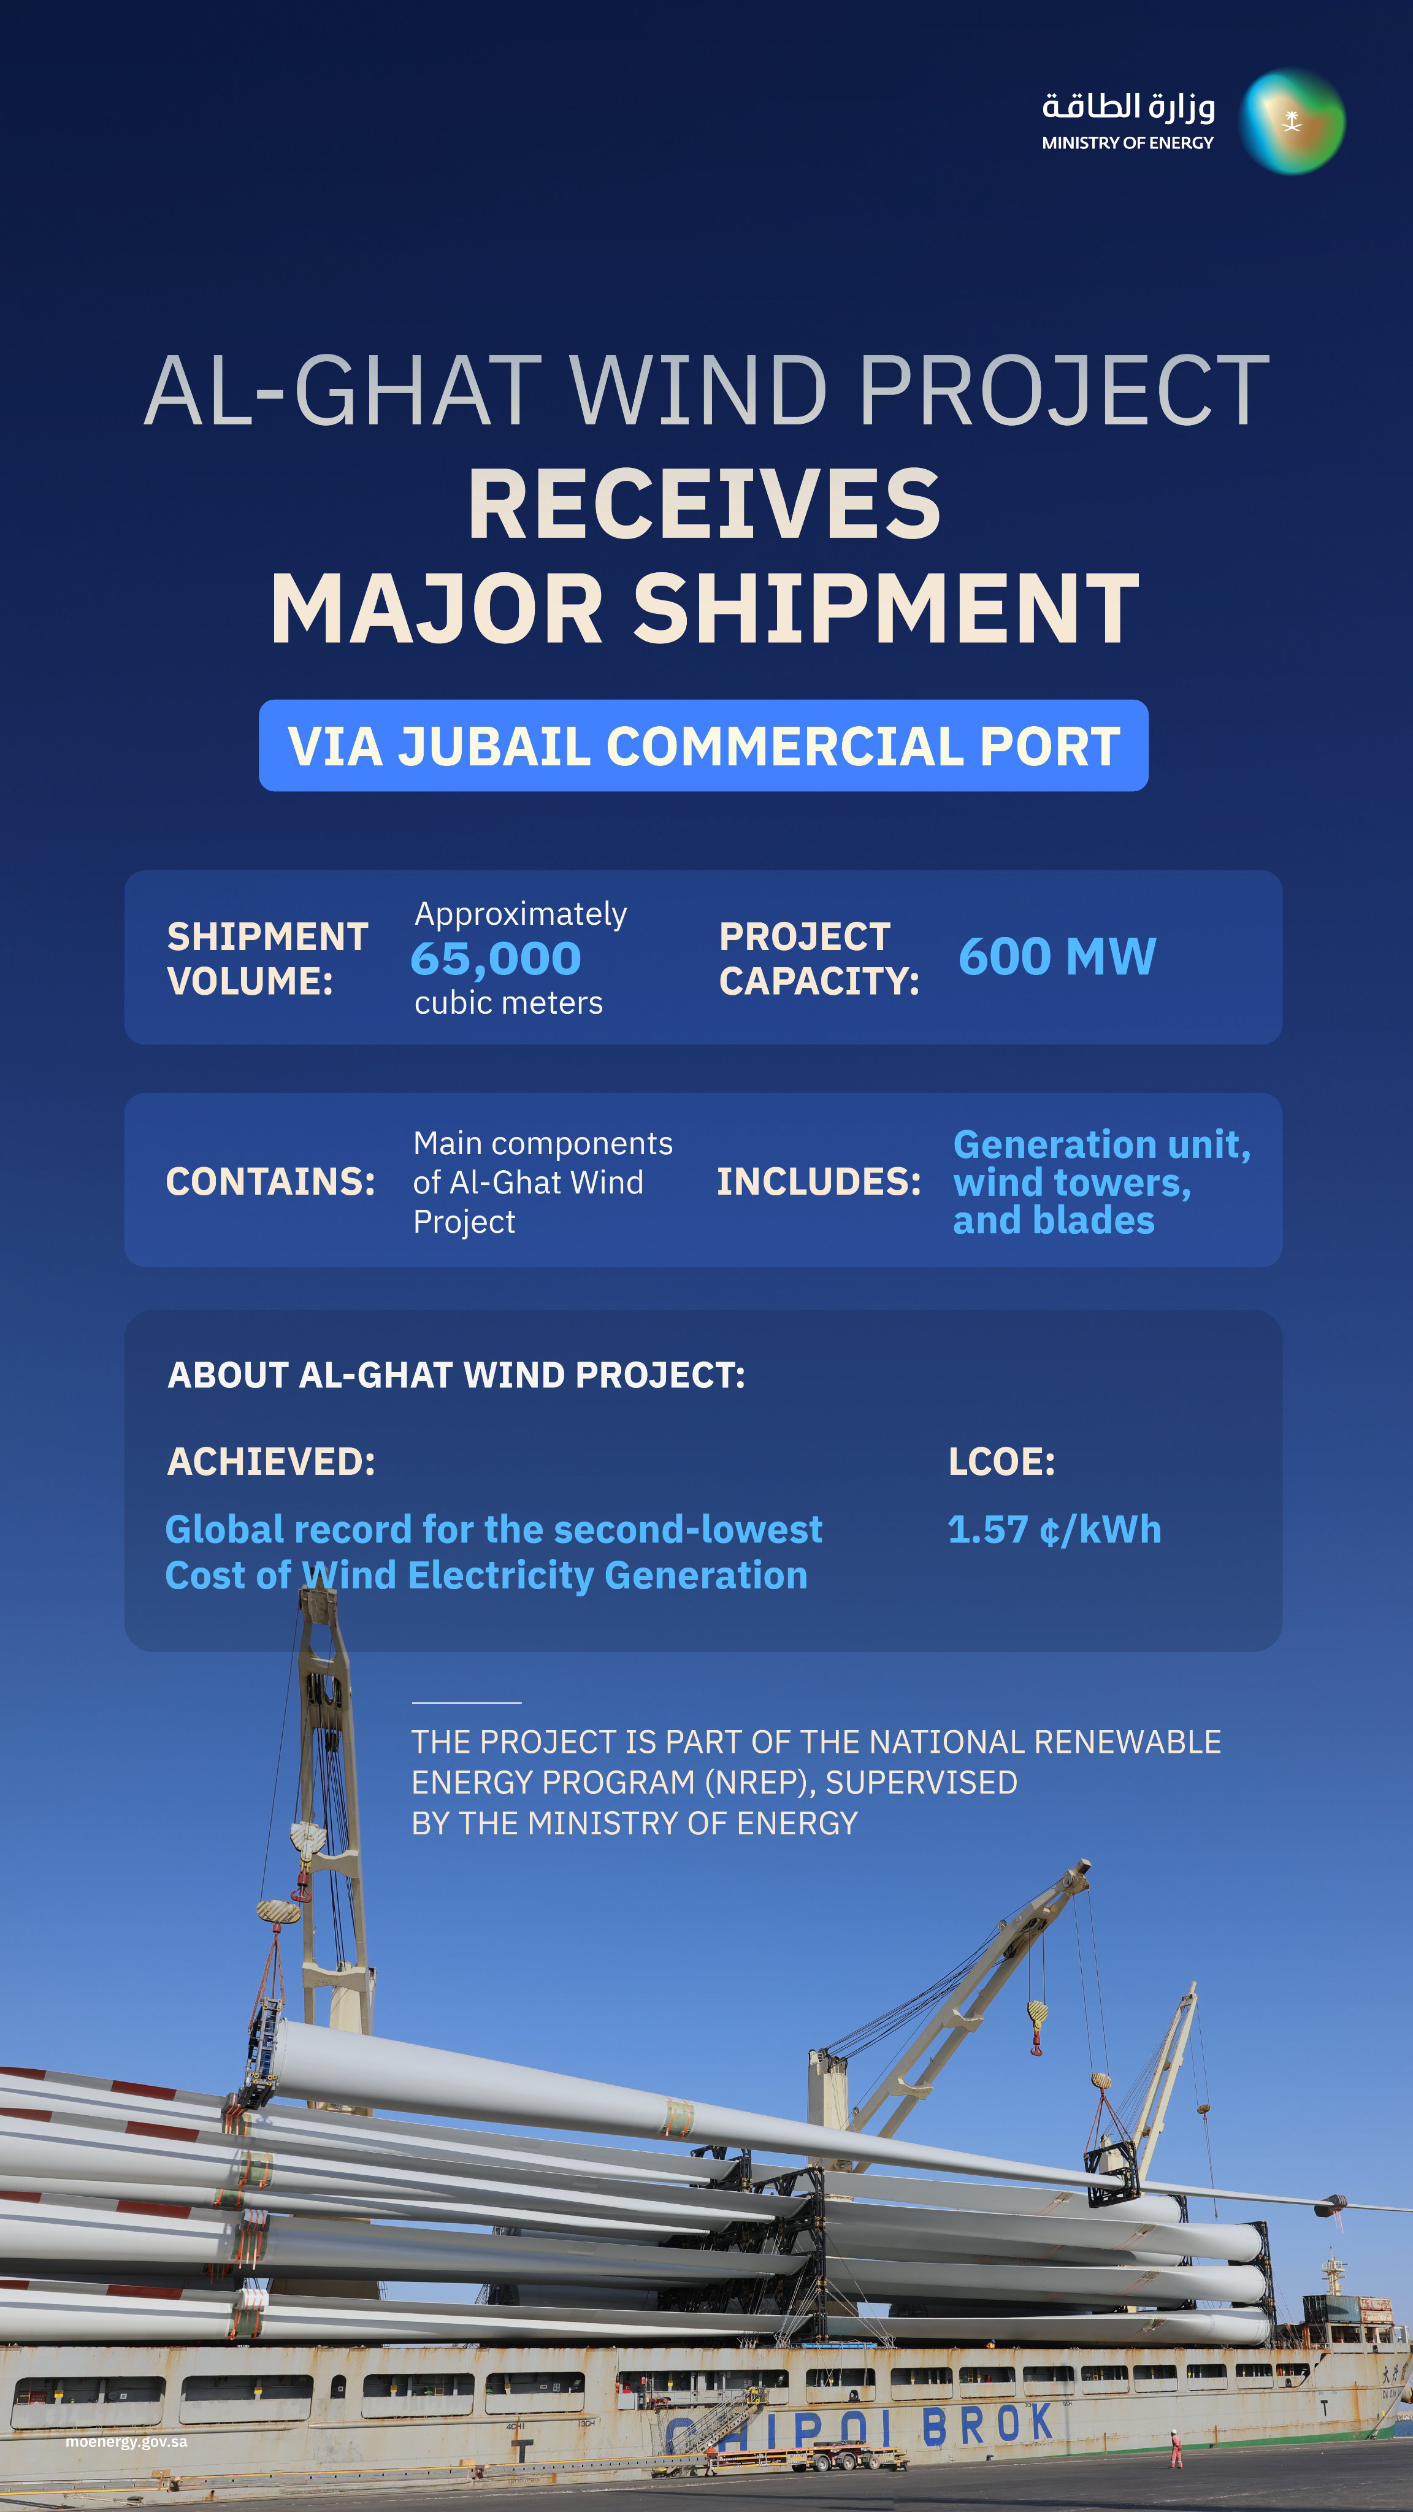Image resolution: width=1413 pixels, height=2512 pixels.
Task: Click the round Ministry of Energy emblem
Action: (1292, 122)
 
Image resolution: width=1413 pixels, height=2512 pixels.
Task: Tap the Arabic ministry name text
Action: (1128, 106)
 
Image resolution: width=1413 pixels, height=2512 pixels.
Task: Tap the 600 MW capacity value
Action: (1057, 957)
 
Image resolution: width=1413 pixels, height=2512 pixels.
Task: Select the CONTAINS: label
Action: (270, 1182)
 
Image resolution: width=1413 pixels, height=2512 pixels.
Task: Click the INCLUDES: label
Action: (819, 1182)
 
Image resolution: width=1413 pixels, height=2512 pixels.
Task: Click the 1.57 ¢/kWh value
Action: (1054, 1529)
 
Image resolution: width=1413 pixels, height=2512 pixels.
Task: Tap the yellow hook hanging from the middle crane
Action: (1036, 2013)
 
